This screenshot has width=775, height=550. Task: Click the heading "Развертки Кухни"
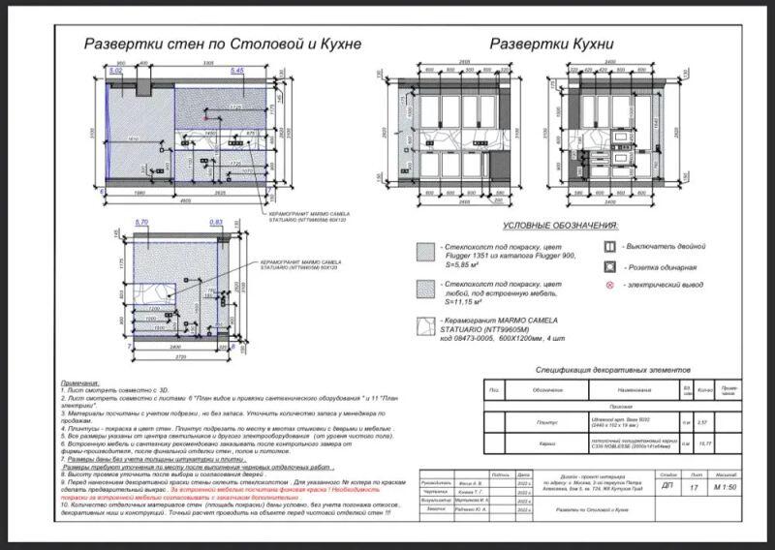pyautogui.click(x=551, y=44)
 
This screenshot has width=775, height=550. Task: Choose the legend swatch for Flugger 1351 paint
pyautogui.click(x=422, y=251)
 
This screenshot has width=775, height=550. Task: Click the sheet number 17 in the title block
pyautogui.click(x=694, y=487)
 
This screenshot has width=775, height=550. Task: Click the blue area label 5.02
pyautogui.click(x=116, y=72)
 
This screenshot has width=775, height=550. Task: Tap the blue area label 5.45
pyautogui.click(x=237, y=72)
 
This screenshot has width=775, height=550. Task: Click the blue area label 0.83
pyautogui.click(x=217, y=223)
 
